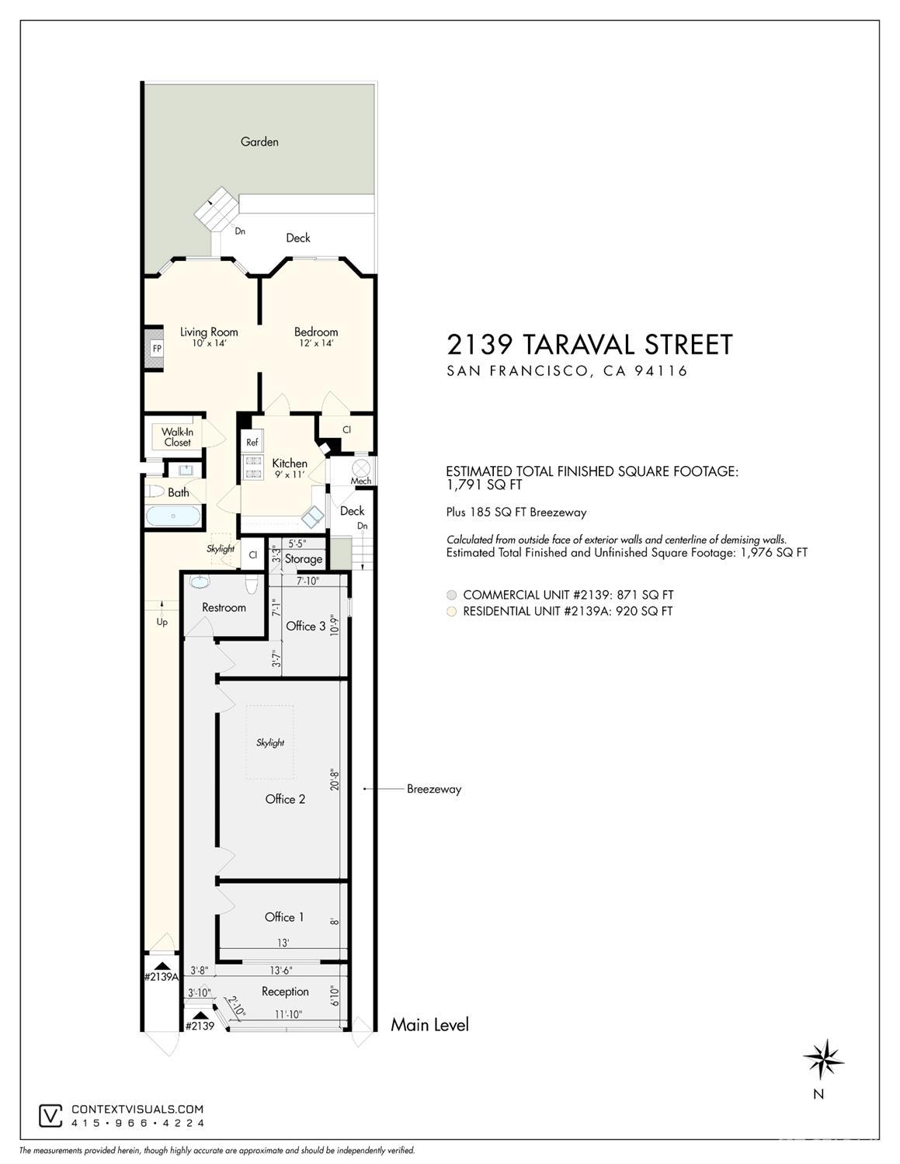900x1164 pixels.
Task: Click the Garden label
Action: coord(259,141)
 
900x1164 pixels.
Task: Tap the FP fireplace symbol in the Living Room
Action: coord(157,349)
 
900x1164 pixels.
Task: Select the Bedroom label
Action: coord(316,332)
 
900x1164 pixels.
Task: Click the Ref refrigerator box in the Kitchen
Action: coord(252,443)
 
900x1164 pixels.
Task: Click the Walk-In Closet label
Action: coord(177,437)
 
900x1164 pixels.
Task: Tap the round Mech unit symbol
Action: coord(362,468)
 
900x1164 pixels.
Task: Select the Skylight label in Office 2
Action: coord(270,742)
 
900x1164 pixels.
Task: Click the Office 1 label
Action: coord(284,917)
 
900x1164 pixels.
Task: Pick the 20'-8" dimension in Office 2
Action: coord(333,780)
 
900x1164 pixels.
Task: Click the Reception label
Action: coord(285,992)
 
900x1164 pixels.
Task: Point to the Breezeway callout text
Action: coord(434,789)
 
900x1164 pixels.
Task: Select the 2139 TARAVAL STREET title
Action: coord(589,344)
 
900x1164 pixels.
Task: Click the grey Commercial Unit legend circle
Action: coord(452,595)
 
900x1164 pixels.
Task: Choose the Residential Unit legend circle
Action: coord(452,611)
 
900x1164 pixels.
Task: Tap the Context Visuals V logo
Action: coord(51,1116)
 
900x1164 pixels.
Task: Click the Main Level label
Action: coord(429,1025)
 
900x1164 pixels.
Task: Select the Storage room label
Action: coord(303,558)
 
